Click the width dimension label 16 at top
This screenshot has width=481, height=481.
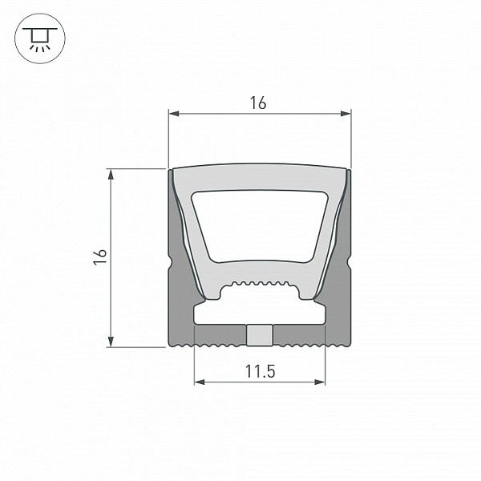point(258,103)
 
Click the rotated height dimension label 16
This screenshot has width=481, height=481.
point(100,257)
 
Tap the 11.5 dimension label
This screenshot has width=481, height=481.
point(260,371)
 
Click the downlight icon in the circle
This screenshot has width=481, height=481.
point(40,38)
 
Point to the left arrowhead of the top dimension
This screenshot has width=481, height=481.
point(174,114)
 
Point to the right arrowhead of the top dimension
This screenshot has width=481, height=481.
point(346,114)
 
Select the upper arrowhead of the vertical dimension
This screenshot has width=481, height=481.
point(111,174)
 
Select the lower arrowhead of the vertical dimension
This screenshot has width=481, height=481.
point(111,342)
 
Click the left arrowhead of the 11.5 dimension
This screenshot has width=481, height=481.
point(200,382)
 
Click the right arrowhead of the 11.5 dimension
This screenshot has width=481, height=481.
point(320,382)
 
